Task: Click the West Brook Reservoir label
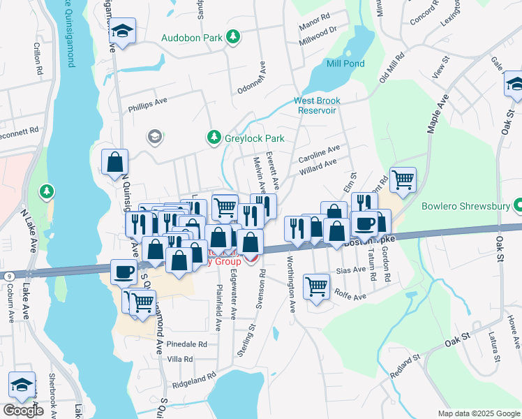(x=316, y=105)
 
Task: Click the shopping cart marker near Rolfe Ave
(x=317, y=285)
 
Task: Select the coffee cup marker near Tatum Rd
(x=364, y=223)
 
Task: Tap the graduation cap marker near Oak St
(x=514, y=84)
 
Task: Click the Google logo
(x=23, y=411)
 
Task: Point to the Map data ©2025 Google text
(x=478, y=413)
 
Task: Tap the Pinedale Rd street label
(x=184, y=344)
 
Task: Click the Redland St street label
(x=405, y=366)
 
